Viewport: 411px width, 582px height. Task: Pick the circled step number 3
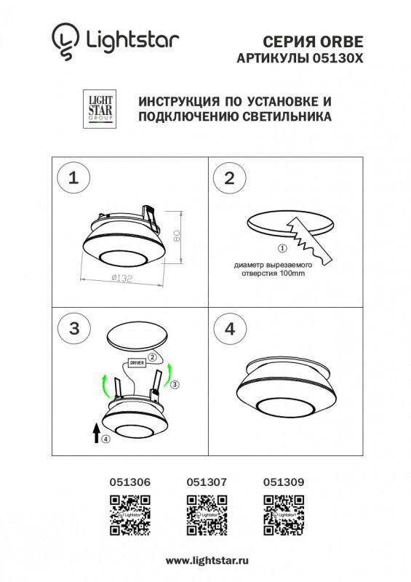pos(73,327)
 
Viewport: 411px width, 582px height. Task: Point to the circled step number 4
pos(230,327)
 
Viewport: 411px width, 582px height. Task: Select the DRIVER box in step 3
pos(137,362)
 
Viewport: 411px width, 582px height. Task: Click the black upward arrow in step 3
pos(95,434)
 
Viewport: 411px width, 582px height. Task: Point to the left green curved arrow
pos(105,383)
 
